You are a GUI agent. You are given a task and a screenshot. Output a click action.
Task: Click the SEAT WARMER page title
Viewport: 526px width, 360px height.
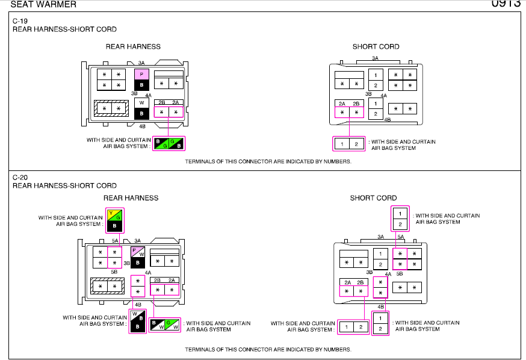point(39,4)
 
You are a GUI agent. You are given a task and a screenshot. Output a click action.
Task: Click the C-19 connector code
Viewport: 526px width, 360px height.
point(20,21)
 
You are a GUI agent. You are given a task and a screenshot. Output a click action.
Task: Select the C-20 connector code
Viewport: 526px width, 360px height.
point(20,178)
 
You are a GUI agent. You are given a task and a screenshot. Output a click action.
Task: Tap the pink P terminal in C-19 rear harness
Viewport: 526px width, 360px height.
point(141,74)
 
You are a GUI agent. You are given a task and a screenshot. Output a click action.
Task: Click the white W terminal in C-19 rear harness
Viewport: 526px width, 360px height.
point(141,102)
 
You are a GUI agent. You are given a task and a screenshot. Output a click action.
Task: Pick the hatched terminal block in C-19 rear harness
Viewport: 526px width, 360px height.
point(111,109)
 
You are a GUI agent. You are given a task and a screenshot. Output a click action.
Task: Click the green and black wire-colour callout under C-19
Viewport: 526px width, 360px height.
point(169,144)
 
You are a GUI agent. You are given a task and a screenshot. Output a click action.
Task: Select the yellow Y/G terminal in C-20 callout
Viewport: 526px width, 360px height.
point(114,216)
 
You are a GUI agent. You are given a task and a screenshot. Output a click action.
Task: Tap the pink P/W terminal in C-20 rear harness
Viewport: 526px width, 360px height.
point(138,252)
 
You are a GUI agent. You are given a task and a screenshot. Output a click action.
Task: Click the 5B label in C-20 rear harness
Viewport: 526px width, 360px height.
point(114,273)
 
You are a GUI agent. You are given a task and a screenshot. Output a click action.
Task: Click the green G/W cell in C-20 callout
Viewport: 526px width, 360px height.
point(172,325)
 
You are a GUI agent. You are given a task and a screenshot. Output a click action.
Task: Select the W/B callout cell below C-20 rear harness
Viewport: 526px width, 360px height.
point(138,317)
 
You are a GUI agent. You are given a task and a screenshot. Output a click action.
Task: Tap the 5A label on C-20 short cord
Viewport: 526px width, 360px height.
point(400,237)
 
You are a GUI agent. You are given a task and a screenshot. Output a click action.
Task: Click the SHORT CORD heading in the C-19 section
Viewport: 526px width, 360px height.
point(376,46)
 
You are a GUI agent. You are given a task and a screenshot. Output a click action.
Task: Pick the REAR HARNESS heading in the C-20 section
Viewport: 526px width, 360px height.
point(131,197)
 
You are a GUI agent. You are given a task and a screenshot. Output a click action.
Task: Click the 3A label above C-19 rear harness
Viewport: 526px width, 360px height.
point(141,63)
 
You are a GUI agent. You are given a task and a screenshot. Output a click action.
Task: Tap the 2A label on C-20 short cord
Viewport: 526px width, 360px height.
point(347,282)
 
